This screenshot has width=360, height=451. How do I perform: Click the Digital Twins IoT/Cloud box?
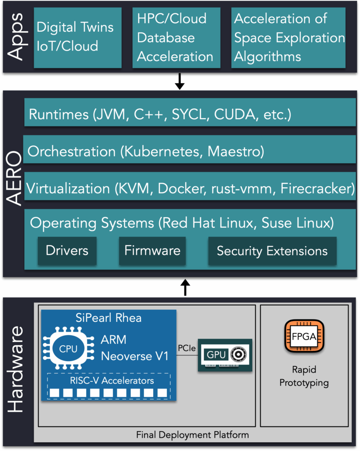(77, 37)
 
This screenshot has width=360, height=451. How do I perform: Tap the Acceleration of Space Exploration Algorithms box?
(289, 37)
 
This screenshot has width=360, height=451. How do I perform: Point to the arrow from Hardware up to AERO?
(185, 288)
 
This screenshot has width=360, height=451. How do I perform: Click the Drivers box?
(67, 251)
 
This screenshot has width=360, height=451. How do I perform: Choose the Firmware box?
(152, 251)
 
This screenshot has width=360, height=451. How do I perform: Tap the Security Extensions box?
(272, 251)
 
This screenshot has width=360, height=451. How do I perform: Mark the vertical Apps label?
(16, 37)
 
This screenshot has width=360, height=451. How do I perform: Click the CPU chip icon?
(69, 349)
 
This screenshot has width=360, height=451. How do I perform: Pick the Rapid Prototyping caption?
(304, 377)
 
